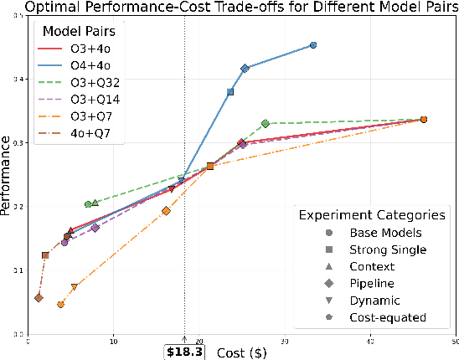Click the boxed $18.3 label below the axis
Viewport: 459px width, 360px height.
184,352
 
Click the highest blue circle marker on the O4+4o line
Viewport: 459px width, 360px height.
313,45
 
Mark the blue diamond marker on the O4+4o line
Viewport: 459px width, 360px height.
245,69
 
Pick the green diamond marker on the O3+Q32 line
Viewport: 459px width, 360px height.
266,124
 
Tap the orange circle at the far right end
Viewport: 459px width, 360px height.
423,120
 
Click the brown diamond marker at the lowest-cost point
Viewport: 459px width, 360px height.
39,297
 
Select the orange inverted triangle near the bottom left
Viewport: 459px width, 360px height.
75,287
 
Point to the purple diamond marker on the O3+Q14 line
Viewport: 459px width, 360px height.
95,228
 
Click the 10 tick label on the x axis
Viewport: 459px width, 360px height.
114,341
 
